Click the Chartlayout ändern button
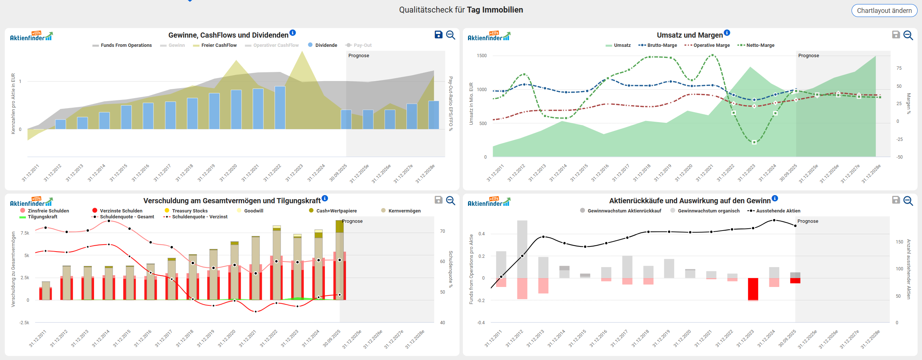pyautogui.click(x=884, y=11)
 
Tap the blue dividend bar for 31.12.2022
pyautogui.click(x=280, y=107)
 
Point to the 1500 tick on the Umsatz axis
pyautogui.click(x=482, y=56)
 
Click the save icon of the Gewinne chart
pyautogui.click(x=439, y=35)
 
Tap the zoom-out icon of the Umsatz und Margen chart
pyautogui.click(x=908, y=35)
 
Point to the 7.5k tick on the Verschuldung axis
pyautogui.click(x=25, y=233)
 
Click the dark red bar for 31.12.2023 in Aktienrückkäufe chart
pyautogui.click(x=753, y=289)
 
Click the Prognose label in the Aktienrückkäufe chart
pyautogui.click(x=808, y=221)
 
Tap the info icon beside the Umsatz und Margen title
pyautogui.click(x=727, y=33)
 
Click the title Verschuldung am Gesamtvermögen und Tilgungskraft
pyautogui.click(x=232, y=201)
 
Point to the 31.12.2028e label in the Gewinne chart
pyautogui.click(x=425, y=173)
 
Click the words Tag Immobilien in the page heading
pyautogui.click(x=495, y=10)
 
